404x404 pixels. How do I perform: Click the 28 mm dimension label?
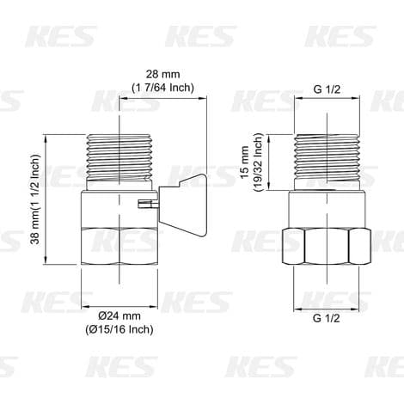(162, 74)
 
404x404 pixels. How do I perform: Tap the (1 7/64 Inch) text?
(162, 88)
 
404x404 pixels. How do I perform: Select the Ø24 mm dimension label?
(119, 316)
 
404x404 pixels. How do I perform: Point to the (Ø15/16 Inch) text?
(119, 329)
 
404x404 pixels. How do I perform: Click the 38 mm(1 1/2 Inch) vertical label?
(35, 199)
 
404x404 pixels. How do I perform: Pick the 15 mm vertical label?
(244, 162)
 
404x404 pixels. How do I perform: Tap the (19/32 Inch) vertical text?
(258, 162)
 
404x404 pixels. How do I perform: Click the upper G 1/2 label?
(327, 89)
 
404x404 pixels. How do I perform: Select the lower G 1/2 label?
(327, 318)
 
